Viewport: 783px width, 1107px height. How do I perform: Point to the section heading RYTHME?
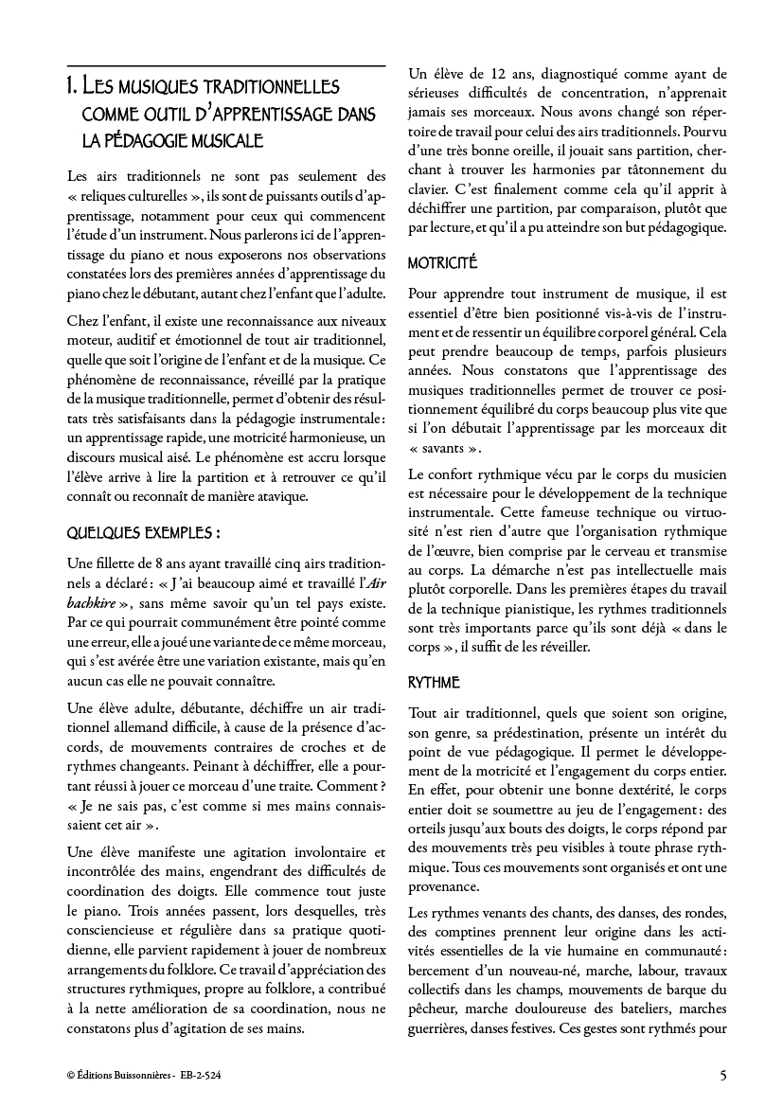click(434, 682)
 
